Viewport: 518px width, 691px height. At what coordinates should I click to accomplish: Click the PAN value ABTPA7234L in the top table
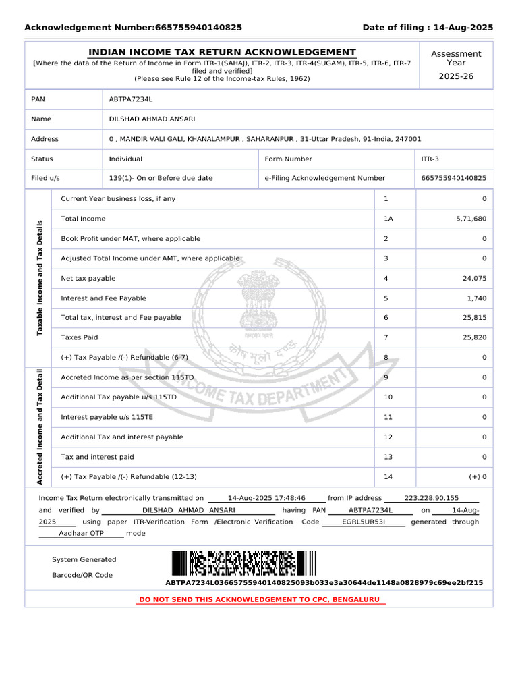pyautogui.click(x=131, y=99)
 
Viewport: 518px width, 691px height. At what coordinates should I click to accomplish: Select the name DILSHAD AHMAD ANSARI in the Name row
pyautogui.click(x=152, y=119)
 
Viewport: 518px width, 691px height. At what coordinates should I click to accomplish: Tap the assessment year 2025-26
pyautogui.click(x=456, y=76)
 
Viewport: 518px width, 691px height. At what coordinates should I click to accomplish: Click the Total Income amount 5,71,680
pyautogui.click(x=471, y=219)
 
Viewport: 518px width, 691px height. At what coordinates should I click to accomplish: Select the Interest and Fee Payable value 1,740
pyautogui.click(x=476, y=298)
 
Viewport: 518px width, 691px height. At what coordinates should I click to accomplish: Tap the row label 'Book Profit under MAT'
pyautogui.click(x=130, y=239)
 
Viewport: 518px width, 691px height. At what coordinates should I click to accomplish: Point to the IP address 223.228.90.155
pyautogui.click(x=431, y=498)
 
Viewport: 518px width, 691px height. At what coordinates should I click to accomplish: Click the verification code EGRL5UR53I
pyautogui.click(x=364, y=522)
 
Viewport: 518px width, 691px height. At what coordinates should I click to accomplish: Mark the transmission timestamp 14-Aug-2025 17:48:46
pyautogui.click(x=266, y=498)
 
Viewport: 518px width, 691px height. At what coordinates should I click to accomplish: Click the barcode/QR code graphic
pyautogui.click(x=243, y=563)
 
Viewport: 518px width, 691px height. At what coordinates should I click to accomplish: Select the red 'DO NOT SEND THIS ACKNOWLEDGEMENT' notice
pyautogui.click(x=259, y=599)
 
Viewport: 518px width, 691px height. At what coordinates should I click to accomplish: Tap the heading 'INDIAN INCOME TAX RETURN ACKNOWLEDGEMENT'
pyautogui.click(x=222, y=52)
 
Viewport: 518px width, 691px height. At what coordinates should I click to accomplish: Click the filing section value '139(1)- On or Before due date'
pyautogui.click(x=161, y=179)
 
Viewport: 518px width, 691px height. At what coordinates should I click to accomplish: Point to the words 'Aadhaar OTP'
pyautogui.click(x=82, y=533)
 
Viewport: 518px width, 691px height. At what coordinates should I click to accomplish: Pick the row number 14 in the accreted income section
pyautogui.click(x=388, y=477)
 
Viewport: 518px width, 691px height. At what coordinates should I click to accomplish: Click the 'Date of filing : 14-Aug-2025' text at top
pyautogui.click(x=428, y=28)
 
